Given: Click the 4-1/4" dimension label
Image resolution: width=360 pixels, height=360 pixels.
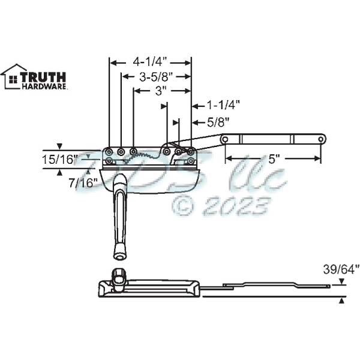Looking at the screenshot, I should (149, 61).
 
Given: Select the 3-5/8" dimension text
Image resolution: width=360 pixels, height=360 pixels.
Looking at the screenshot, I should (156, 76).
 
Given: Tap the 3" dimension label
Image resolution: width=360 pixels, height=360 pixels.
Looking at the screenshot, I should (160, 91).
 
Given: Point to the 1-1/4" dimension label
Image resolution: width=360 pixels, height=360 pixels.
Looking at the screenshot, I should (224, 104).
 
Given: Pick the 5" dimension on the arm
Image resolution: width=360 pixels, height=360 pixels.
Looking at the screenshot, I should (274, 159).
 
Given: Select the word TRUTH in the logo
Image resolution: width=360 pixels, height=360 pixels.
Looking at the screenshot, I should (43, 77).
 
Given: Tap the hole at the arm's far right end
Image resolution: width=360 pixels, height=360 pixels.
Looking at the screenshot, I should (321, 139).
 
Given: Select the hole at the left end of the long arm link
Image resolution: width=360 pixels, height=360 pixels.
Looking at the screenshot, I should (225, 139).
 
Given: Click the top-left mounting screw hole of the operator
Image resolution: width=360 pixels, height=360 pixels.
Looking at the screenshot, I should (109, 151).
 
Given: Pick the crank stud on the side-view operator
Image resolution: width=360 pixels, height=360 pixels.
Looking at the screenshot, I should (118, 277).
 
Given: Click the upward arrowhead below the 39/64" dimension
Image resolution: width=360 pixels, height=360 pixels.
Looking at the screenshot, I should (342, 301).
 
